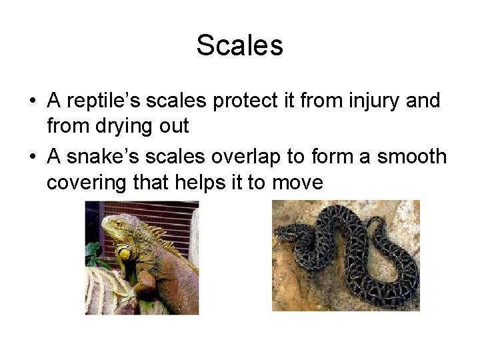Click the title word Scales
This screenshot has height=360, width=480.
point(240,46)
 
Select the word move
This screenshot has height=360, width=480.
point(298,182)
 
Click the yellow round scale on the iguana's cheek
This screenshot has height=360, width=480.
point(124,253)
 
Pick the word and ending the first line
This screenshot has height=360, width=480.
point(423,101)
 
